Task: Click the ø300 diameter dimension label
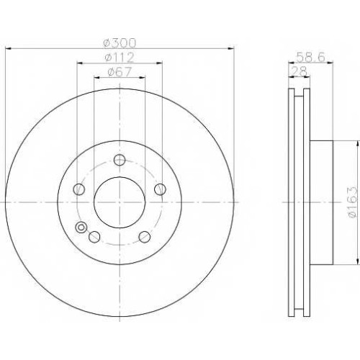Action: [x=120, y=43]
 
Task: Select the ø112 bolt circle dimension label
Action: [x=120, y=58]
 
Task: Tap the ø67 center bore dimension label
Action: [x=120, y=72]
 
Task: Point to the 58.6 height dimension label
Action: [x=310, y=57]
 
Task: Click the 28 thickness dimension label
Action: [x=299, y=71]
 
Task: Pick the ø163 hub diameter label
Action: [x=353, y=202]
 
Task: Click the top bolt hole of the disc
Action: [x=120, y=160]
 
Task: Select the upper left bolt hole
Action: [x=79, y=189]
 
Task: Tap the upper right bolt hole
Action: [x=160, y=189]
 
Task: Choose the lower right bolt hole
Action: [x=145, y=237]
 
